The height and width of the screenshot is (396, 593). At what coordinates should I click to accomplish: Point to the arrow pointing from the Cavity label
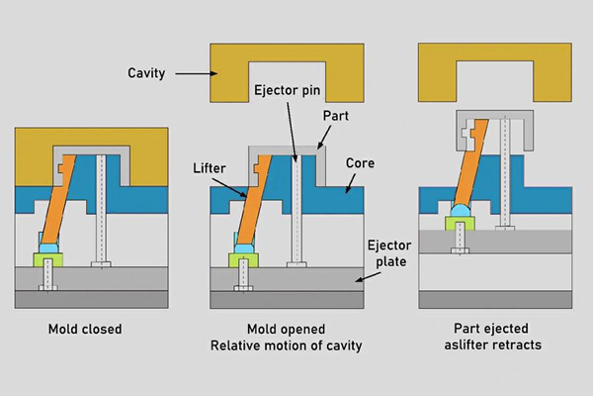[196, 73]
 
